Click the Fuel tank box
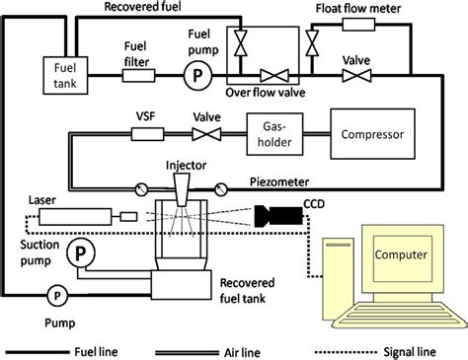point(60,74)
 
